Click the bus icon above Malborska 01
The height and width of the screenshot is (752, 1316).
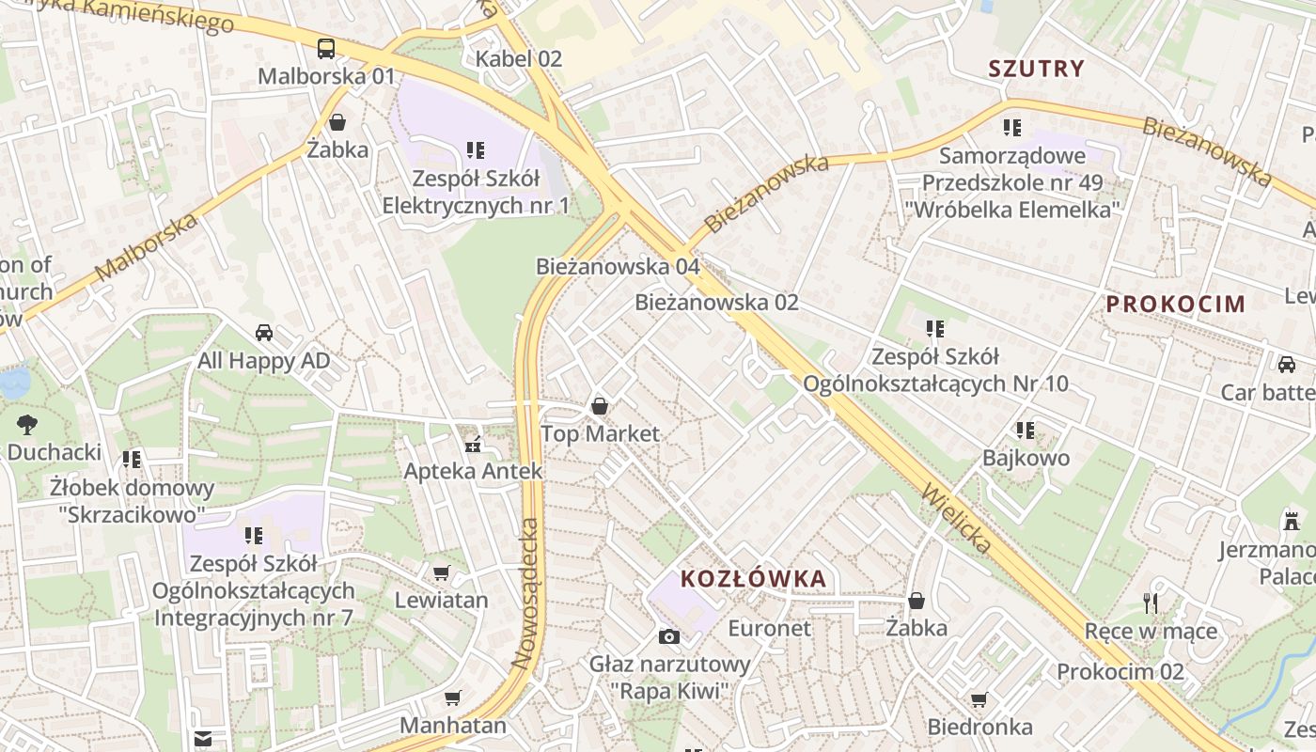coord(326,49)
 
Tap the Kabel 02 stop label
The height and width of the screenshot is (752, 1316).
coord(519,59)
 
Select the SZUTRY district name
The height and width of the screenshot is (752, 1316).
coord(1037,69)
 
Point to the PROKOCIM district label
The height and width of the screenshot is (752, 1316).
coord(1175,304)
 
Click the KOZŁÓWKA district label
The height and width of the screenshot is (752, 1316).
coord(753,579)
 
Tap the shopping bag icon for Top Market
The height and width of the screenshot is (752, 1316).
coord(600,406)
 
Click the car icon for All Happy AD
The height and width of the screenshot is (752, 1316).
coord(264,333)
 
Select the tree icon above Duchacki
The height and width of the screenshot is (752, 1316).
coord(27,424)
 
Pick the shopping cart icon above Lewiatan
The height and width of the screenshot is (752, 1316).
coord(441,572)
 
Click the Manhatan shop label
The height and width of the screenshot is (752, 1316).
coord(453,726)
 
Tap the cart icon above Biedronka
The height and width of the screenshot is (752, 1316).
coord(979,699)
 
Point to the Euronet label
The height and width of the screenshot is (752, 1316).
coord(769,628)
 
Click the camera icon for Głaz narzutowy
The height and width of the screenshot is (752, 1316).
coord(669,637)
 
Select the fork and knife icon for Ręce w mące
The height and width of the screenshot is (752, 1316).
coord(1151,603)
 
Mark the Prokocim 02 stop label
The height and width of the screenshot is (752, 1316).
coord(1120,672)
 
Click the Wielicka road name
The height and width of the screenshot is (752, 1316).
coord(958,518)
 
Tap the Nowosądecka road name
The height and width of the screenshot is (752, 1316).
coord(527,593)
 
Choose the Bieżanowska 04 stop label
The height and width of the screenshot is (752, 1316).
coord(618,267)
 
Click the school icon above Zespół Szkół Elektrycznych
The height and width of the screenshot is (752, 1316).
coord(475,149)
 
